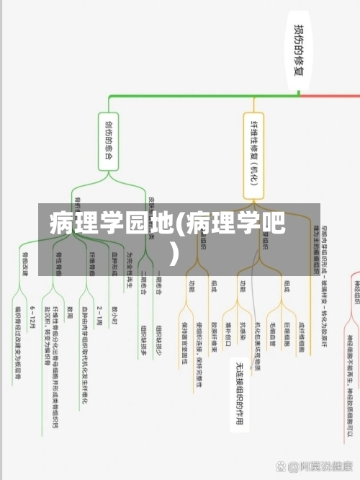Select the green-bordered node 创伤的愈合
pyautogui.click(x=108, y=141)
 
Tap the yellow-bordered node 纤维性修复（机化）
pyautogui.click(x=253, y=155)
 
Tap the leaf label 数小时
pyautogui.click(x=114, y=314)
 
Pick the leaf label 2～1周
pyautogui.click(x=99, y=314)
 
